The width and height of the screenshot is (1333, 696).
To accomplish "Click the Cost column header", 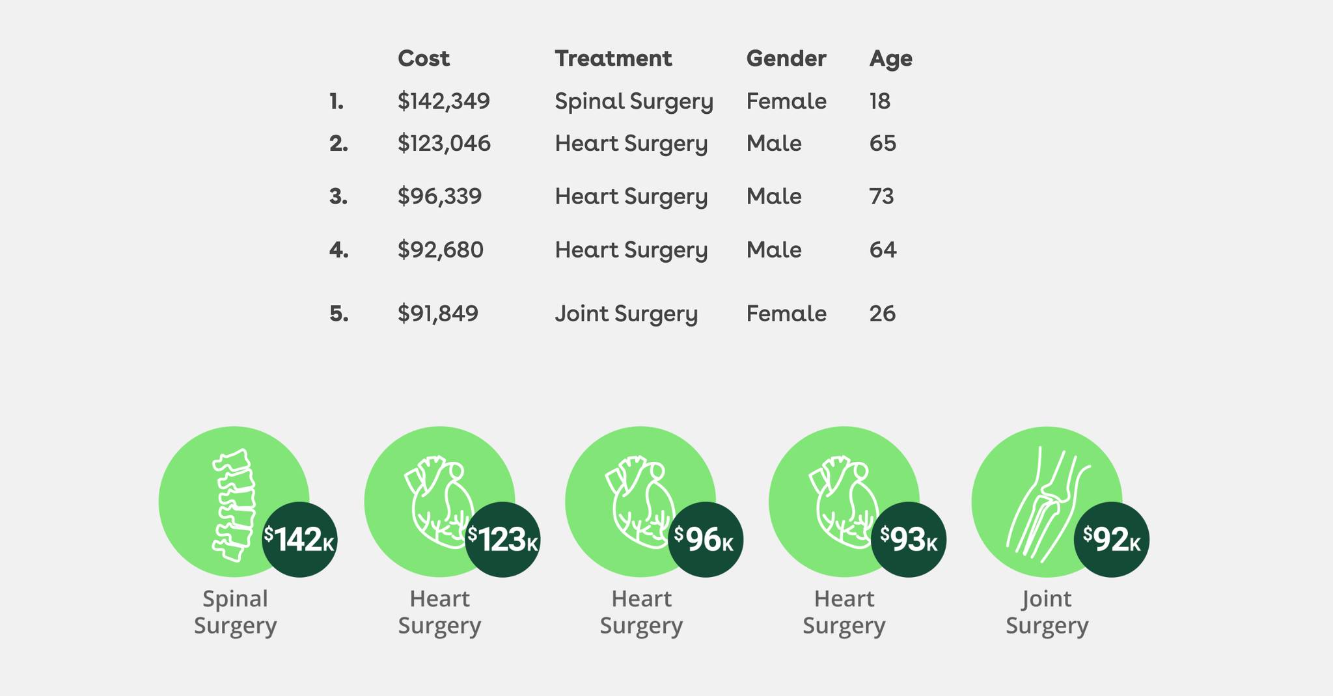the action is pos(423,59).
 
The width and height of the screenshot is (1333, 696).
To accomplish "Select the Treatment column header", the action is pos(613,59).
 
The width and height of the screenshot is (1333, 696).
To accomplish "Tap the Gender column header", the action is pos(786,59).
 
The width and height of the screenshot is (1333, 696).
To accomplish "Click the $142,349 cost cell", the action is pos(444,101).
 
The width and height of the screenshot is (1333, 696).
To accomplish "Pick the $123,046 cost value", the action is pos(444,144).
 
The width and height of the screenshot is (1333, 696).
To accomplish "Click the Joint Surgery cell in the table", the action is pos(626,314).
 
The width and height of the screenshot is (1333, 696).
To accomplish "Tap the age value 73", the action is pos(881,196).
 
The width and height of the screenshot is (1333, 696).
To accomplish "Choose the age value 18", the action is pos(879,101).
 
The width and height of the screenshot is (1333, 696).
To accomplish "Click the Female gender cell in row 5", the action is pos(786,314).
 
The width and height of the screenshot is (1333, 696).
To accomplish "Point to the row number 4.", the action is pos(338,250).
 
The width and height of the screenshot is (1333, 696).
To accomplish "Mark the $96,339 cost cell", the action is pos(439,196).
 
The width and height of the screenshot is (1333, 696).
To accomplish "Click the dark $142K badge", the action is pos(299,539).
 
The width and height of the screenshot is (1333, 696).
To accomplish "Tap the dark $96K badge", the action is pos(706,539).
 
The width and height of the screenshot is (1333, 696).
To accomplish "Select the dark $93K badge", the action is pos(909,539).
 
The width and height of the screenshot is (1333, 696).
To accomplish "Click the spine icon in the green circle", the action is pos(233,504).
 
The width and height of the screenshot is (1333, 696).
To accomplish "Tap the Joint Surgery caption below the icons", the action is pos(1047,612).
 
